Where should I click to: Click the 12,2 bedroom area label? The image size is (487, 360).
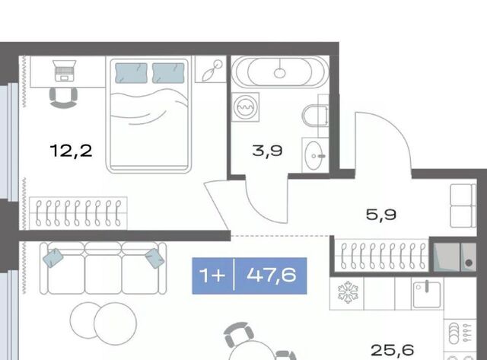(x=71, y=151)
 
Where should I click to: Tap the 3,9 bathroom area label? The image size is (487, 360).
(x=267, y=151)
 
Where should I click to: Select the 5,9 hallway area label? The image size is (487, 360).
(x=381, y=215)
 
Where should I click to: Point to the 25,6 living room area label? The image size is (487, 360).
(x=393, y=350)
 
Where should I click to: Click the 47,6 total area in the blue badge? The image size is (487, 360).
(x=272, y=276)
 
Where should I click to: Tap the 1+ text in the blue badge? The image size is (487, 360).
(x=212, y=276)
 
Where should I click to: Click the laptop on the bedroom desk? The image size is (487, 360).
(x=64, y=71)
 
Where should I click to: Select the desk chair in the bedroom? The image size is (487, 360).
(x=63, y=98)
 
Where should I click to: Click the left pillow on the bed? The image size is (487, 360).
(x=131, y=73)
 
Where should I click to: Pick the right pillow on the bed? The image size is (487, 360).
(x=168, y=73)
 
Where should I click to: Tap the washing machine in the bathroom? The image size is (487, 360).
(x=245, y=107)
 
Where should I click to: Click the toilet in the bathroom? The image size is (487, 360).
(x=315, y=116)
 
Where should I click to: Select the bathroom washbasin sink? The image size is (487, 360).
(x=314, y=155)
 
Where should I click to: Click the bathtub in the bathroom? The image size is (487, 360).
(x=280, y=72)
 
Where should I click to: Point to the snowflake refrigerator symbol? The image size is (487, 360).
(x=348, y=292)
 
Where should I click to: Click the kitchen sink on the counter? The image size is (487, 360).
(x=427, y=295)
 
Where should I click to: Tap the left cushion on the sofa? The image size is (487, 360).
(x=53, y=258)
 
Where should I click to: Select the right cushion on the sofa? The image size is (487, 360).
(x=155, y=258)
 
